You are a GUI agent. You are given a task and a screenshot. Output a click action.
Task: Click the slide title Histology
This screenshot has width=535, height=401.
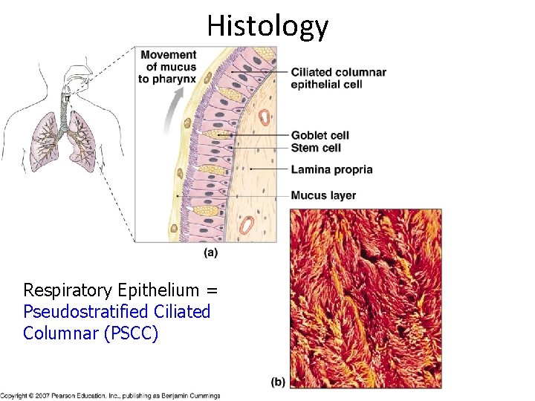[267, 25]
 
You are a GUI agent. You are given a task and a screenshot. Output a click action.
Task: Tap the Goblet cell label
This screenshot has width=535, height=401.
[320, 135]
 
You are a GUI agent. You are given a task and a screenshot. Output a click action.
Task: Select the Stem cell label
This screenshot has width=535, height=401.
[316, 148]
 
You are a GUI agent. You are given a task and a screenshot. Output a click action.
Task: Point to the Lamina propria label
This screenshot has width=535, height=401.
[331, 169]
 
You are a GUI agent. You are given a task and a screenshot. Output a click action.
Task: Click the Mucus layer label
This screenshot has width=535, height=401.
[323, 196]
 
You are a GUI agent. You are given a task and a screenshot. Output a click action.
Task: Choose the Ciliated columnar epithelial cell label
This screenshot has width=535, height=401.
[338, 78]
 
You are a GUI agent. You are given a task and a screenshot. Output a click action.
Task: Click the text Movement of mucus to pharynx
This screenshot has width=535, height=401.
[168, 67]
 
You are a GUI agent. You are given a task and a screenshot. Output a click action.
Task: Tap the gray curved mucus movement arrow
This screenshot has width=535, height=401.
[172, 111]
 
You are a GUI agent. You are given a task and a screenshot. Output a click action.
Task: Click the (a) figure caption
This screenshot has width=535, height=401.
[210, 252]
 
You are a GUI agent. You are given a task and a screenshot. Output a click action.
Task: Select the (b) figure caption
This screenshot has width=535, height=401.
[278, 382]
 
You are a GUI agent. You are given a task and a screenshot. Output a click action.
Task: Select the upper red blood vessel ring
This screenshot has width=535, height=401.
[265, 117]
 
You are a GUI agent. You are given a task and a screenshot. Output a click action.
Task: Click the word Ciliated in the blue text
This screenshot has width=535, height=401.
[181, 312]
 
